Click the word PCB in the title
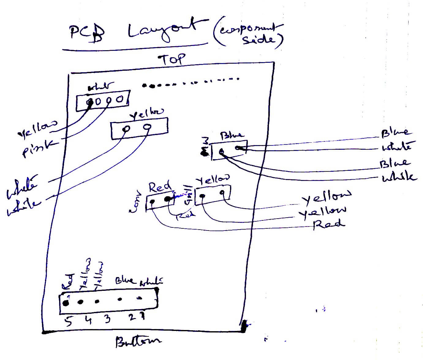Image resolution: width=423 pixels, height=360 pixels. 87,33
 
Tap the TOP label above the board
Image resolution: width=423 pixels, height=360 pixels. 172,59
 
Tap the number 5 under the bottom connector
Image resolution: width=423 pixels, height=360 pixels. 69,321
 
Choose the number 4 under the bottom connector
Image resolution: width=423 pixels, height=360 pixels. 88,320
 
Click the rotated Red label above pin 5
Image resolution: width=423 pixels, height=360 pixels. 68,282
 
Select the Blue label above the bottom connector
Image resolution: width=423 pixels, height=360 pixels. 125,280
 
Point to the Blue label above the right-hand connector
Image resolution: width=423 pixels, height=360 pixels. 232,135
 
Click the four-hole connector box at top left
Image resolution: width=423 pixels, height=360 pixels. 103,100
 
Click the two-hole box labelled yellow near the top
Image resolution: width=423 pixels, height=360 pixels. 139,129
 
